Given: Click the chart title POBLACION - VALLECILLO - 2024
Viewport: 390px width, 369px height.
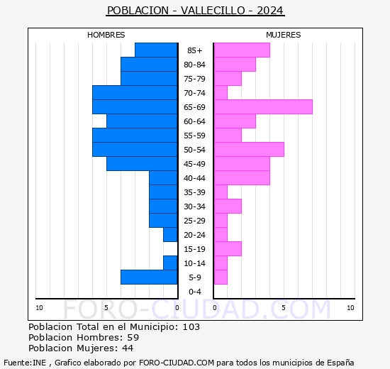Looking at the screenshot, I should tap(195, 11).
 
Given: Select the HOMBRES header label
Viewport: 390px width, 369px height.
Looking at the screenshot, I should tap(106, 35).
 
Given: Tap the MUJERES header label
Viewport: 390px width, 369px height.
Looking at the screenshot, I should tap(283, 35).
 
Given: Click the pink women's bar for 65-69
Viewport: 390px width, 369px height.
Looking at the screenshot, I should tap(263, 107).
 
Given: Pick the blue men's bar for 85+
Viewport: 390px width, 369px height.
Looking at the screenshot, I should tap(156, 50).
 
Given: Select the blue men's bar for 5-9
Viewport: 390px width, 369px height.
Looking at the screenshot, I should tap(149, 277).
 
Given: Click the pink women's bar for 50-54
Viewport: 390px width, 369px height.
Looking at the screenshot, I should tap(249, 150).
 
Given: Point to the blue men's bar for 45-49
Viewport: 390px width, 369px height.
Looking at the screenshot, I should tap(142, 164).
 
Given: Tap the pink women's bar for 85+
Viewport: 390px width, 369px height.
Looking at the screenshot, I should tap(242, 50).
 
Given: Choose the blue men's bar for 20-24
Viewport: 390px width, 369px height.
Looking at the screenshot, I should tap(170, 235).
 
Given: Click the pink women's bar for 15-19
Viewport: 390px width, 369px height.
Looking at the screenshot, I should tap(228, 249).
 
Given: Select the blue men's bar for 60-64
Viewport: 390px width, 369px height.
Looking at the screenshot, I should tap(142, 121).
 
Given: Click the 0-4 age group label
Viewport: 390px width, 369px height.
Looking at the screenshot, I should tap(195, 292).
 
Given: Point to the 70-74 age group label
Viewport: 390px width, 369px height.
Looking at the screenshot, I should tap(195, 93).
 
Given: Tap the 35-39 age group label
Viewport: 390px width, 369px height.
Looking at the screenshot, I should tap(195, 192).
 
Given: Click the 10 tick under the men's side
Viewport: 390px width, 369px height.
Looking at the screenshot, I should tap(39, 307).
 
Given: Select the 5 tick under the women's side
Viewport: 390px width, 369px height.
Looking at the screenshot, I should tap(283, 307).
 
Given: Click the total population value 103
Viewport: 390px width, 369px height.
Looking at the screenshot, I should tap(191, 327).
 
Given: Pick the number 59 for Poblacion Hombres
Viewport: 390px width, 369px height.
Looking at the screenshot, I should tap(133, 338).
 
